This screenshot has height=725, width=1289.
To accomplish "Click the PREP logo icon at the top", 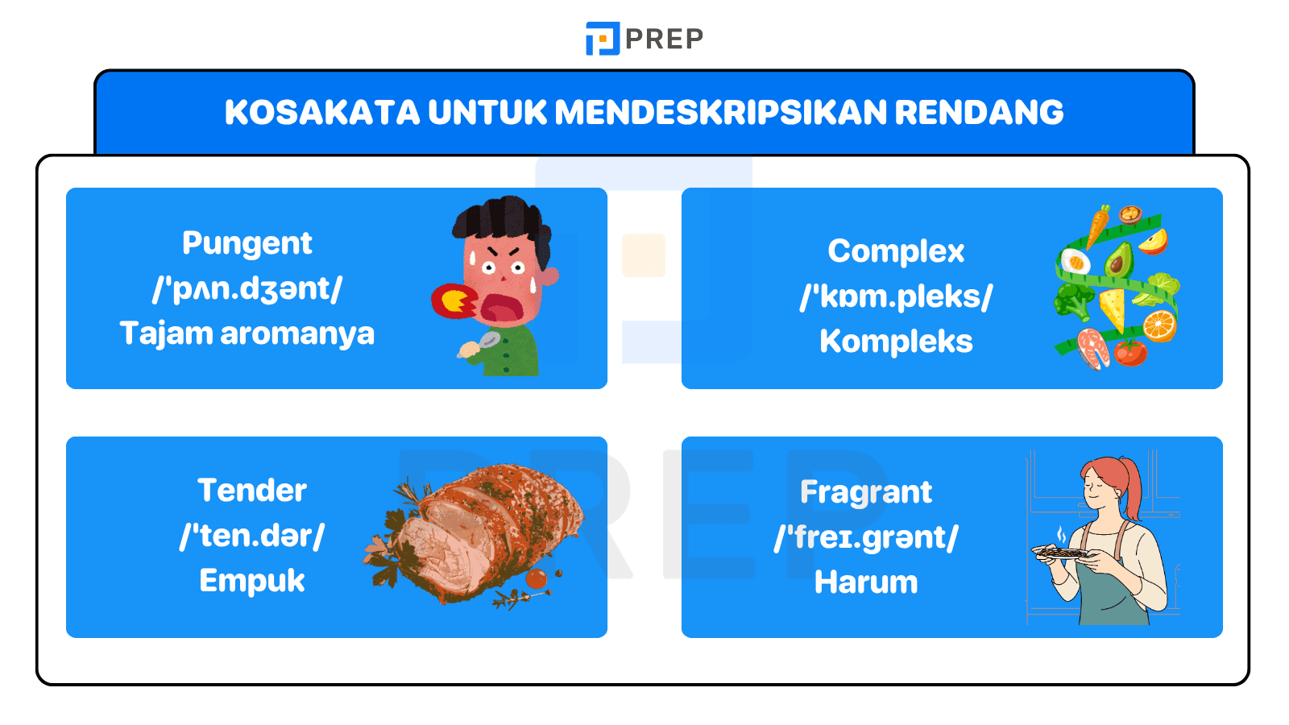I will point(602,39).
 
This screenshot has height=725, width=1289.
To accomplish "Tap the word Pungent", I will point(247,243).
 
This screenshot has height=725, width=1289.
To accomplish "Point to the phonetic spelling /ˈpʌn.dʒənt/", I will point(247,288).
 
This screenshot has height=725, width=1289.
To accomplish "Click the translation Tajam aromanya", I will point(247,333).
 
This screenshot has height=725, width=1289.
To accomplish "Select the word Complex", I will point(896,251).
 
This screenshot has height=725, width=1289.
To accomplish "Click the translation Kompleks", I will point(896,342).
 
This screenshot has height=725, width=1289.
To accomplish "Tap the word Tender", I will point(252,491).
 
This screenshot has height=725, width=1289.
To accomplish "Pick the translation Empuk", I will point(252,581).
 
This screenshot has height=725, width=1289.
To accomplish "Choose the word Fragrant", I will point(866,492).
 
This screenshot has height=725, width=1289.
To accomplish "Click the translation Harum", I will point(866,582).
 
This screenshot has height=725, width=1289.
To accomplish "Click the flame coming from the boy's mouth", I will point(454,301).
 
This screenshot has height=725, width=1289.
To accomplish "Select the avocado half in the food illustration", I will point(1118,260).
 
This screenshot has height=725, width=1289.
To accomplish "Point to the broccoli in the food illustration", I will point(1072,300).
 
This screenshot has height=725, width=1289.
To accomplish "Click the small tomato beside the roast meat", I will point(536,578).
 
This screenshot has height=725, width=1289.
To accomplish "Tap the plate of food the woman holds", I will point(1061,553).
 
